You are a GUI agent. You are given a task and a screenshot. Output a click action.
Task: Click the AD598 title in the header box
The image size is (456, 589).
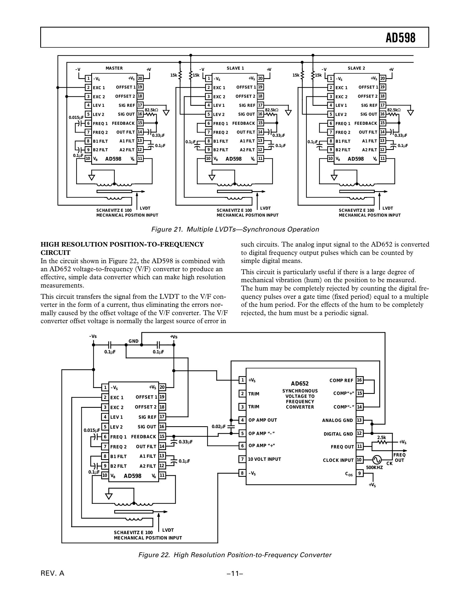400,38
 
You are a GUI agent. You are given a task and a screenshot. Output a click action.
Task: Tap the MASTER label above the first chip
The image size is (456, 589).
114,68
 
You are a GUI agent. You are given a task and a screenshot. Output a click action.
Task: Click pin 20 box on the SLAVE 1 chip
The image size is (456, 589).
260,78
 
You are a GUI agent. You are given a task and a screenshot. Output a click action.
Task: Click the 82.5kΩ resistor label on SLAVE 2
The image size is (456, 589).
394,110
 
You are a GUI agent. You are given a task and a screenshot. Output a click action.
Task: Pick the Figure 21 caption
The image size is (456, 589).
235,229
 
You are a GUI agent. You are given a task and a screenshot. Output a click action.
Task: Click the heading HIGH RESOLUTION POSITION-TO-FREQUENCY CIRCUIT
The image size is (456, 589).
122,248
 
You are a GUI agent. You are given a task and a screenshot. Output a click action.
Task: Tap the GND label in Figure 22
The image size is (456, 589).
134,341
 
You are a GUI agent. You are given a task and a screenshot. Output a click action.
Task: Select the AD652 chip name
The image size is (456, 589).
300,383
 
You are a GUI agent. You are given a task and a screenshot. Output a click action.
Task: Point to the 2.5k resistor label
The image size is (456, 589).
381,437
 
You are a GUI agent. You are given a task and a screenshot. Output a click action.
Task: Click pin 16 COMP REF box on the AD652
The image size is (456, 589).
359,380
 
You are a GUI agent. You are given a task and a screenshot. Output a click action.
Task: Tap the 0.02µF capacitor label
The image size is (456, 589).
219,426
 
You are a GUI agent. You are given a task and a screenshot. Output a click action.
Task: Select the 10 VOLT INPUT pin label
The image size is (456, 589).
264,459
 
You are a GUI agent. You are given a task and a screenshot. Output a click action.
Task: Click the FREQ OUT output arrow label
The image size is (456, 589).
399,457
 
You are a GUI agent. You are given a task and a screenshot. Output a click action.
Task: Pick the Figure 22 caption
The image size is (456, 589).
235,555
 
